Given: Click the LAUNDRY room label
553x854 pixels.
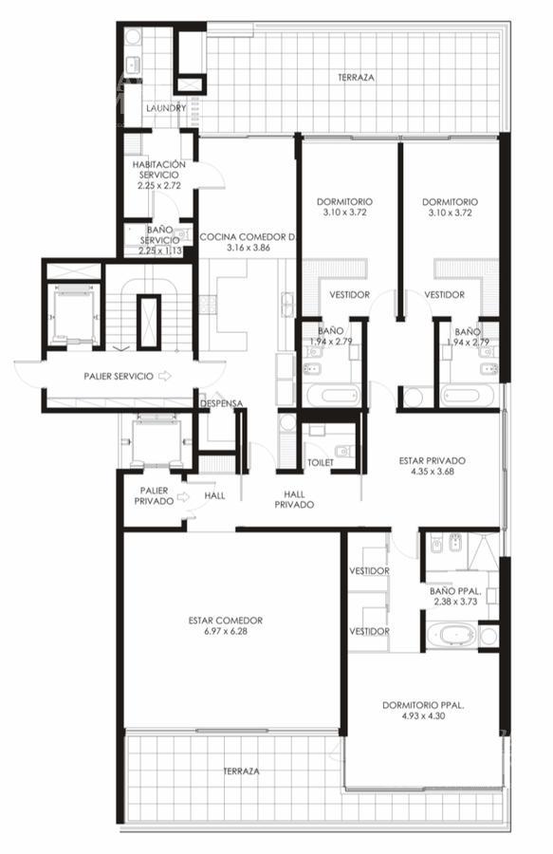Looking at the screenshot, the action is (166, 108).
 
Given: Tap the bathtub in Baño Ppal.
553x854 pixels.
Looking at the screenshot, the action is (452, 635).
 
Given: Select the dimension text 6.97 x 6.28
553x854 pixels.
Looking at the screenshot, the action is (226, 631).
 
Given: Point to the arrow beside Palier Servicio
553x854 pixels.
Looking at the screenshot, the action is (165, 376).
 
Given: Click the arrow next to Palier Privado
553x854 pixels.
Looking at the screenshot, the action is (183, 496).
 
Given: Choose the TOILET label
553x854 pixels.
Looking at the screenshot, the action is (321, 462).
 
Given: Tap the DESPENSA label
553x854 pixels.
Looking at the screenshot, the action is (221, 403).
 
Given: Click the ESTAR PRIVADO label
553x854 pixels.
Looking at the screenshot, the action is (433, 461).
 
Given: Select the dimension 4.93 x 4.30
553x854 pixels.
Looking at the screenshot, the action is (423, 715).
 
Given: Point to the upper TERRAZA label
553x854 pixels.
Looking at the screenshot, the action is (356, 78).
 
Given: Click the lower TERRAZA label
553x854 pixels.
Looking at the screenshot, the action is (241, 771).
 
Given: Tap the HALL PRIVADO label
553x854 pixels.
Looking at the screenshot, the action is (294, 499).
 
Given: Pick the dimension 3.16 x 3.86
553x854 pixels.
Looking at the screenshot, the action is (249, 248).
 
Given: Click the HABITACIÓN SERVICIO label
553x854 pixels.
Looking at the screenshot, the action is (159, 170).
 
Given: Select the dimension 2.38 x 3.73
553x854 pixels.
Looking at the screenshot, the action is (455, 602).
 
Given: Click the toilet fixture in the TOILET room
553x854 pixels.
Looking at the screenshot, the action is (344, 452).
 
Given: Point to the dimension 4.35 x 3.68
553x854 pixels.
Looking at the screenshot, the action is (433, 472).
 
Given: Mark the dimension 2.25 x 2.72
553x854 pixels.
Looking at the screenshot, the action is (159, 185).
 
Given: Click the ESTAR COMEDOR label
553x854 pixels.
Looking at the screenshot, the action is (226, 621).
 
